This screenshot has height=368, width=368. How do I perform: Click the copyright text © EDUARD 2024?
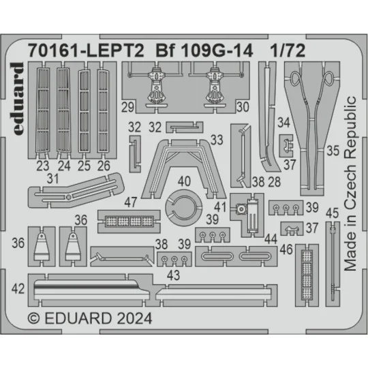click(91, 318)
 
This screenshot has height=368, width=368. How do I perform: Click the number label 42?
click(20, 288)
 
